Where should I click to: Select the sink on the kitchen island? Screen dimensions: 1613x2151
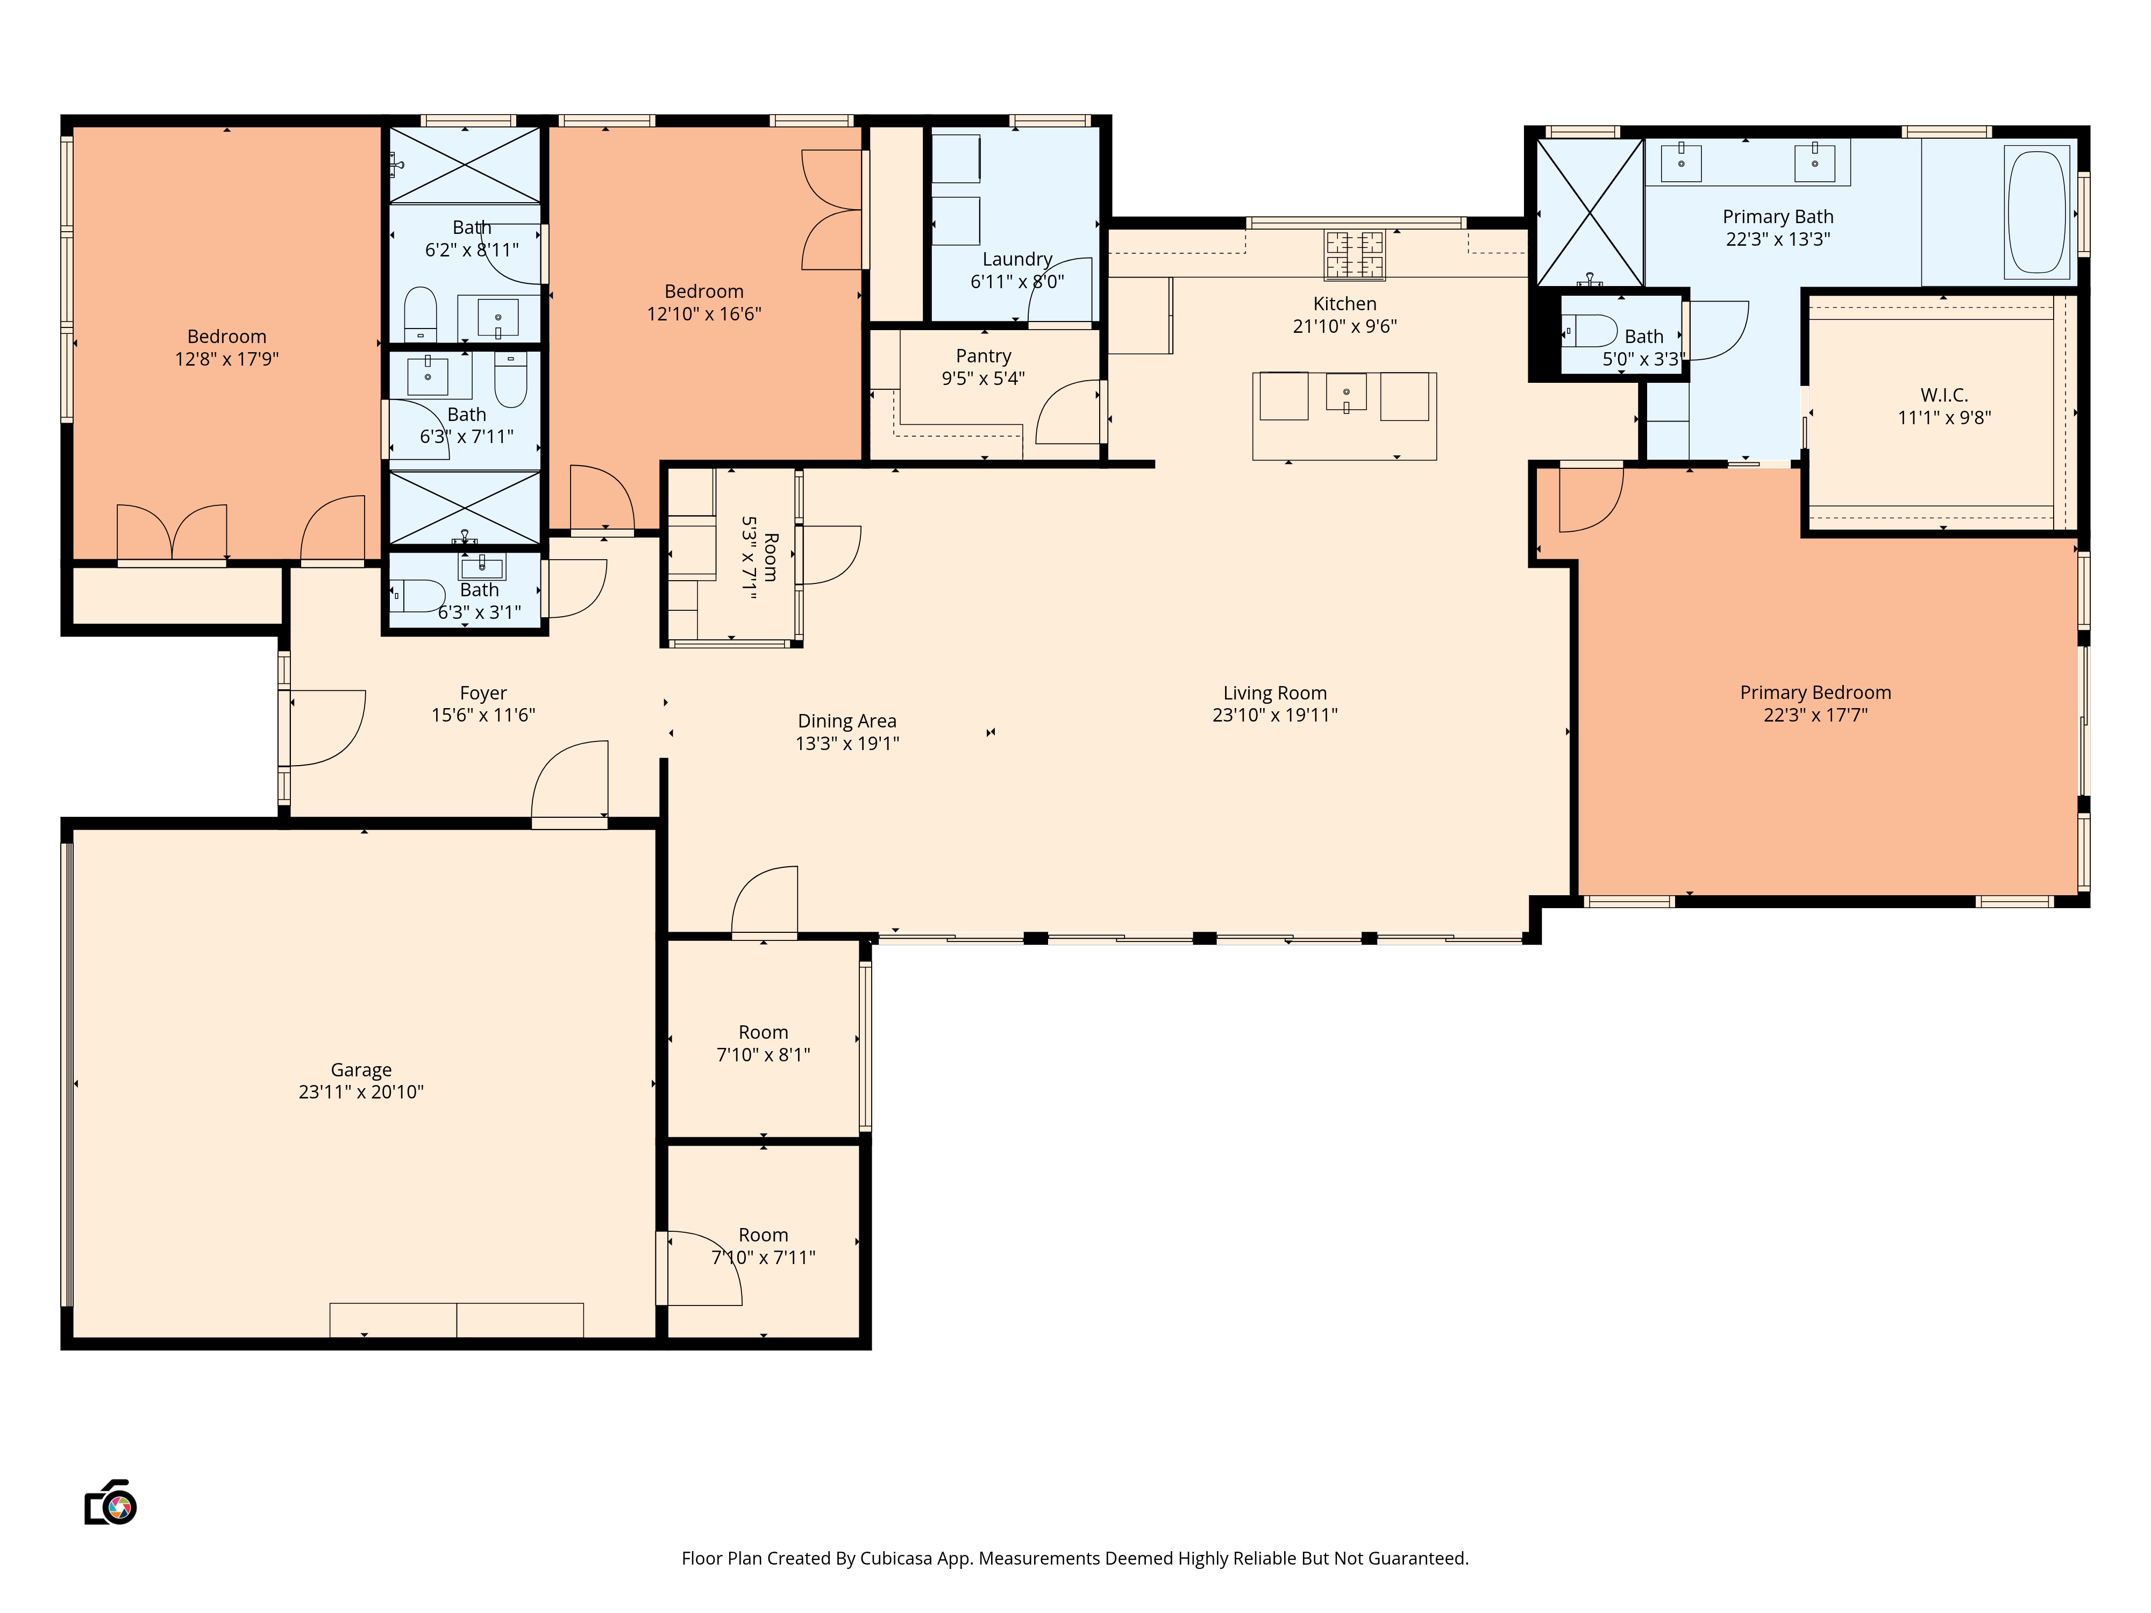1346,393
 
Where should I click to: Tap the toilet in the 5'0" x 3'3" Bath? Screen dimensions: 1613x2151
1591,331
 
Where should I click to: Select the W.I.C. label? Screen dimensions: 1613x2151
1944,395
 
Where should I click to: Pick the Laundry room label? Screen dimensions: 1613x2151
1017,259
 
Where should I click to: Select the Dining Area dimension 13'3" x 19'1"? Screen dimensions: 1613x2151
847,744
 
